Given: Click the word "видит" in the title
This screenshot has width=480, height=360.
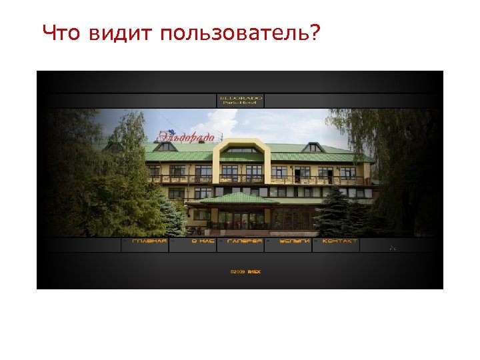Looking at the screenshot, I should [121, 33].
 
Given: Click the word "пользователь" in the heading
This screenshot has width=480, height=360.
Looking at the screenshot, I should [241, 33].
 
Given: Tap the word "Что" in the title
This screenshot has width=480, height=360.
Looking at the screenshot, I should [63, 33].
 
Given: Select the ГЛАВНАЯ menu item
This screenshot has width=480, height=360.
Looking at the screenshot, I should [149, 241].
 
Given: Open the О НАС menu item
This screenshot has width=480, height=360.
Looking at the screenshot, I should [203, 241].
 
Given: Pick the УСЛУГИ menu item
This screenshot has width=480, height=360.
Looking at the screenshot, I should [294, 241].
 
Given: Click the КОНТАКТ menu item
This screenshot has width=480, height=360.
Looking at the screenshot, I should [339, 241].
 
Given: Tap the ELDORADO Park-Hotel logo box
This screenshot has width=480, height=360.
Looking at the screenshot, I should [241, 100].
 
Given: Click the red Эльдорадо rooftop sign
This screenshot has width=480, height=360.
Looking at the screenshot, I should [186, 137].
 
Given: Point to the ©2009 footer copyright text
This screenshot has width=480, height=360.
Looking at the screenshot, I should [245, 271].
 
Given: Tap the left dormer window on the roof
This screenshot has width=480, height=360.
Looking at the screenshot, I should [165, 146].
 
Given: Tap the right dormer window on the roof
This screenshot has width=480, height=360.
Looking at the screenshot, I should [311, 147].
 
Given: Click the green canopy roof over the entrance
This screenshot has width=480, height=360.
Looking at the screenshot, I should [239, 199].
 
